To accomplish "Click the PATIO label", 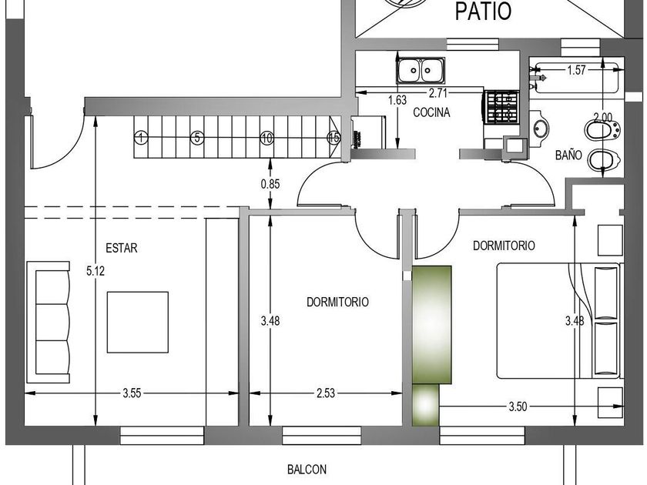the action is [483, 11].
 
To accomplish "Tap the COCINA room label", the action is [431, 112].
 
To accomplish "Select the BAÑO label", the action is [568, 155].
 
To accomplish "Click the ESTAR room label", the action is [122, 248].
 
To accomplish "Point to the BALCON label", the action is [307, 470].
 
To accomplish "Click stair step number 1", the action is [141, 137].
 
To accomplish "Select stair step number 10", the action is [267, 138].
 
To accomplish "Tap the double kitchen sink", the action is [421, 70].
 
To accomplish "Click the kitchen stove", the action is [501, 107].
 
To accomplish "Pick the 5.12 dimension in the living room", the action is [96, 271].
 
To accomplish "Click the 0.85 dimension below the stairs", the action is [270, 184].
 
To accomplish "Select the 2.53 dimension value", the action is [326, 393].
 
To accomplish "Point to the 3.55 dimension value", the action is [132, 393].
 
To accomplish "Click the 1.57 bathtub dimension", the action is [576, 70].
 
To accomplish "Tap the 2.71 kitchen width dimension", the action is [437, 93].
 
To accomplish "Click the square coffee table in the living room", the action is [137, 322].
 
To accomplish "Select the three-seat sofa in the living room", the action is [49, 322].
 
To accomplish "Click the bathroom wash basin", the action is [540, 129].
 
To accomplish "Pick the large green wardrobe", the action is [432, 325].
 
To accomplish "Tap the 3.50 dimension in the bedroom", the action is [518, 406].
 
